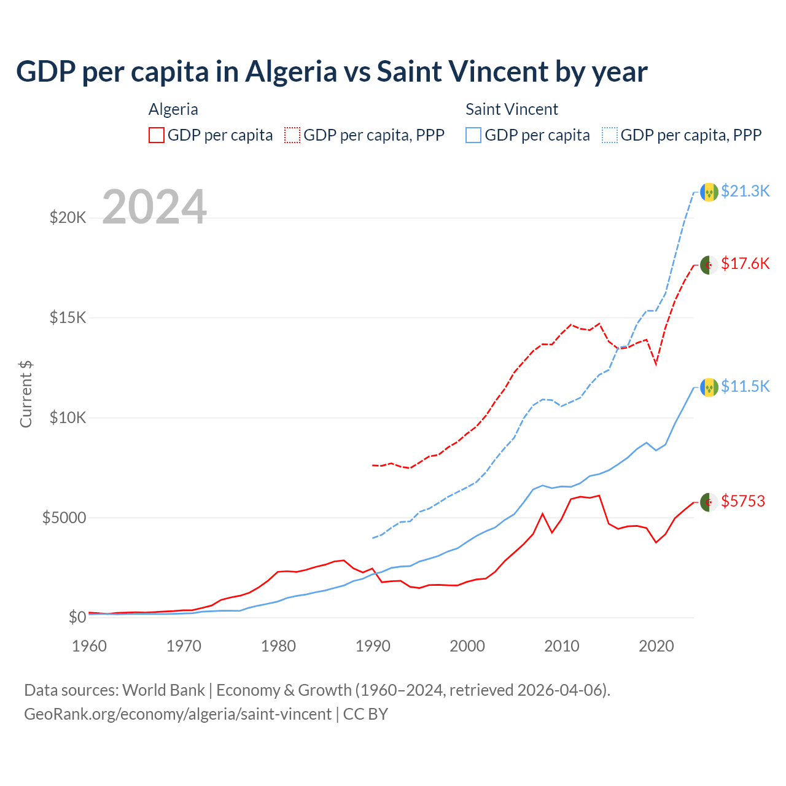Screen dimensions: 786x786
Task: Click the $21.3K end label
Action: click(x=745, y=191)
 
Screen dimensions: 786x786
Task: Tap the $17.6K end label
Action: click(x=745, y=263)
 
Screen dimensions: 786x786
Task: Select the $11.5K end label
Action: click(x=745, y=386)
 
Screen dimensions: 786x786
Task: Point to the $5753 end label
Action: click(x=743, y=501)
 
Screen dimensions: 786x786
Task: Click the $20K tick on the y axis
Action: click(x=68, y=217)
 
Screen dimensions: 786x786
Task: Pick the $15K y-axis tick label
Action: click(x=68, y=317)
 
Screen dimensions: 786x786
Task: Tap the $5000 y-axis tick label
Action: click(x=64, y=518)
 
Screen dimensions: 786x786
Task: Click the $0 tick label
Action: click(x=77, y=617)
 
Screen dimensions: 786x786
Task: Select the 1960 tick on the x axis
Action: click(x=90, y=646)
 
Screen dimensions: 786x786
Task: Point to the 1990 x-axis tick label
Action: click(x=373, y=646)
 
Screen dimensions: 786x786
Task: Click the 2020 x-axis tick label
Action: click(x=656, y=646)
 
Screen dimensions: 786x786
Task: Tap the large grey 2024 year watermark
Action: click(x=154, y=207)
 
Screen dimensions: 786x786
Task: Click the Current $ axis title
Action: click(x=26, y=394)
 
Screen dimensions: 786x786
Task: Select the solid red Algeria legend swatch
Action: click(x=157, y=135)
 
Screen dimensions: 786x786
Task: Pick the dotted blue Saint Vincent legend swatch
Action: click(x=610, y=135)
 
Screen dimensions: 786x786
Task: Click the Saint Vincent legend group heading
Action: click(x=512, y=109)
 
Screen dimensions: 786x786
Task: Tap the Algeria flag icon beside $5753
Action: click(x=709, y=502)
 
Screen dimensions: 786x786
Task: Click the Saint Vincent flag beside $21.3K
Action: click(x=709, y=192)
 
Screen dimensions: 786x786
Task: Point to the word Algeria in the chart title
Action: click(x=291, y=71)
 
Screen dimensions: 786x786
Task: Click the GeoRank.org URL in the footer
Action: click(x=177, y=714)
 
